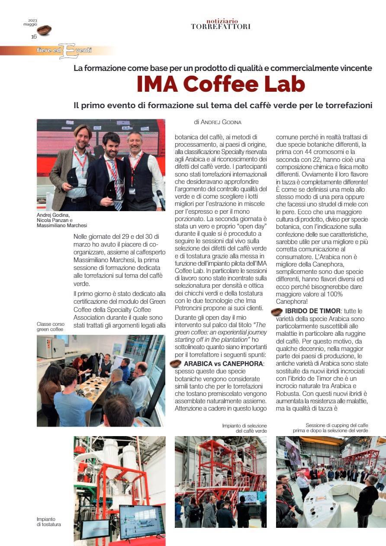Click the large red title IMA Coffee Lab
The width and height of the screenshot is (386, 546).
pos(221,84)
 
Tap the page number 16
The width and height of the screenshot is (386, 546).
pos(34,37)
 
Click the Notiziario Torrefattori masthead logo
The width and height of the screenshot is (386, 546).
pos(221,24)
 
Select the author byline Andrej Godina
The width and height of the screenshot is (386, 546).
pos(218,122)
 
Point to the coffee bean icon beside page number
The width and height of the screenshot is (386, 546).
pos(44,30)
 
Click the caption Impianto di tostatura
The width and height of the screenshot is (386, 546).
pos(48,521)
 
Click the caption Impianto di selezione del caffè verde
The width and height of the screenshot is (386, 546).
pos(244,428)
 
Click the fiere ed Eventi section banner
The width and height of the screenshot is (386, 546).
pos(65,51)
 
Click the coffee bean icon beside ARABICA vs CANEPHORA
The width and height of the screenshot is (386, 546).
pos(176,363)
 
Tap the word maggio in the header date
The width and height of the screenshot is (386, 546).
pos(30,24)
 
